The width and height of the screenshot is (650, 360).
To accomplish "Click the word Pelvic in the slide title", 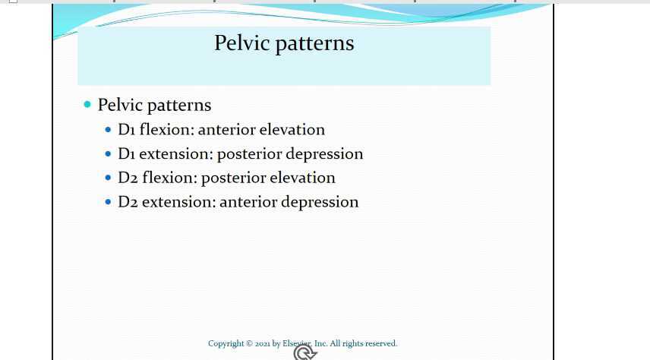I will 241,43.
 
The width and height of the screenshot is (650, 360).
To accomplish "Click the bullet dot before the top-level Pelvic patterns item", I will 87,104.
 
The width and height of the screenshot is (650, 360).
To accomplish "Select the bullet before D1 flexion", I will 109,130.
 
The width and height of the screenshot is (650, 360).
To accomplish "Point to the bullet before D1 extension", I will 109,154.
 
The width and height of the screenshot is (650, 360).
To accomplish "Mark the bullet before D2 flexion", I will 109,178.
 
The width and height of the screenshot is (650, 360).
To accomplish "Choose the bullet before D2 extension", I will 109,202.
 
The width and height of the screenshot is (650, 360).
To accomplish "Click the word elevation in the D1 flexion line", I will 292,130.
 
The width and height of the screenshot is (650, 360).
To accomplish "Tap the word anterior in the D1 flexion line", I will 226,130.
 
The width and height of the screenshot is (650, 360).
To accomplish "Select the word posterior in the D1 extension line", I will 248,154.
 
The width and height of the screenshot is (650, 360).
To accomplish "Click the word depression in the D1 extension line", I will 324,154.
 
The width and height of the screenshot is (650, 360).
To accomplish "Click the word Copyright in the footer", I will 226,344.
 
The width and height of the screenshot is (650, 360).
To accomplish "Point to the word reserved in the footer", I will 380,344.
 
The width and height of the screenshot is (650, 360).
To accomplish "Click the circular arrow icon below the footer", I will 304,353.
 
